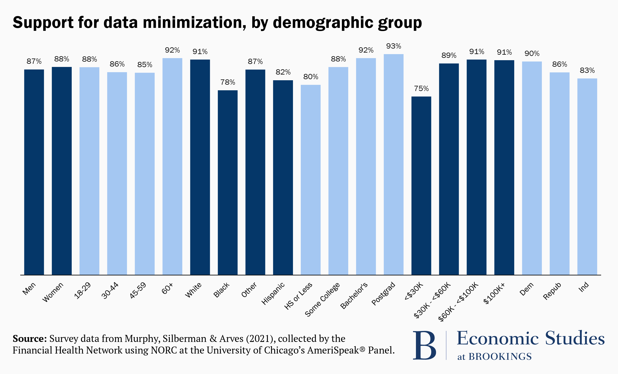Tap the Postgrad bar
(x=394, y=164)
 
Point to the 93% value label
(x=394, y=46)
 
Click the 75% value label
(x=421, y=89)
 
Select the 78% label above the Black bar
(x=228, y=82)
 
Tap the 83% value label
(x=587, y=71)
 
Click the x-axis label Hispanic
(x=273, y=293)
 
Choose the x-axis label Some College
(x=322, y=299)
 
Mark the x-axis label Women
(x=53, y=292)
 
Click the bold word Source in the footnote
(x=30, y=339)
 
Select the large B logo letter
(x=424, y=345)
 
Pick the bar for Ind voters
(x=587, y=177)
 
